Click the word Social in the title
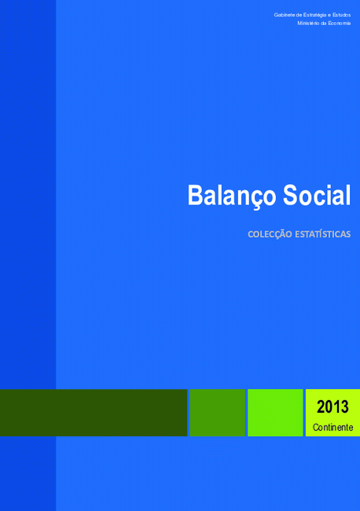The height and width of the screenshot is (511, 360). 317,195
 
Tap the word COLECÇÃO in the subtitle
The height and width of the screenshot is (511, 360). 270,234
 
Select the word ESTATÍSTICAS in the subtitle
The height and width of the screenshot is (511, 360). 323,234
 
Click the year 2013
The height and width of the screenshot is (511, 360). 332,406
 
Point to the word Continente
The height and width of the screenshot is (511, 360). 332,427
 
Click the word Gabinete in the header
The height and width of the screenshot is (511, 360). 285,15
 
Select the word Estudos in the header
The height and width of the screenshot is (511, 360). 341,15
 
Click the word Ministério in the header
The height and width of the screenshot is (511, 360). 308,23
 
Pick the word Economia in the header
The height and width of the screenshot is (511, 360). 340,23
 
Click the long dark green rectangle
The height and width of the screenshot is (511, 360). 94,413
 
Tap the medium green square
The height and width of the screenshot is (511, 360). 217,413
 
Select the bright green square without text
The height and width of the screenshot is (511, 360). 275,413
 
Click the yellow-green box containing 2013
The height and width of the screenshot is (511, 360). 332,413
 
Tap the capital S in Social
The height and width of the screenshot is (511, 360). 291,195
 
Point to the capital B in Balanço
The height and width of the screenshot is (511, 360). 196,195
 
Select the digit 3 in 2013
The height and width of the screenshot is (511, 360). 345,406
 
